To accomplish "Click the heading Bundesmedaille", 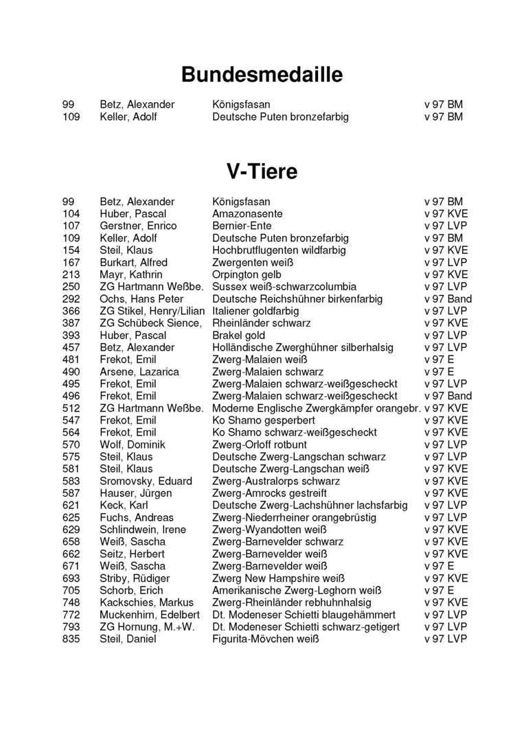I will point(262,74).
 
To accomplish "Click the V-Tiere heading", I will point(262,171).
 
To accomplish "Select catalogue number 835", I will point(71,639).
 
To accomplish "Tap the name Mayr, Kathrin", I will point(130,274).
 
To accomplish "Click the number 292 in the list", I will point(71,299).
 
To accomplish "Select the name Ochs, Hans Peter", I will point(141,299).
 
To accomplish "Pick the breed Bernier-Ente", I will point(242,226).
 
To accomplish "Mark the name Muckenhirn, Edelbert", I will point(150,615).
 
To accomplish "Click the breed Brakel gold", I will point(238,336).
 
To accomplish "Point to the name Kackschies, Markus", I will point(146,602).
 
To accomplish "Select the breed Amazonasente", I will point(247,214).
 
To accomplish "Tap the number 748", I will point(71,602).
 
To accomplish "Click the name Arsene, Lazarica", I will point(139,372).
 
